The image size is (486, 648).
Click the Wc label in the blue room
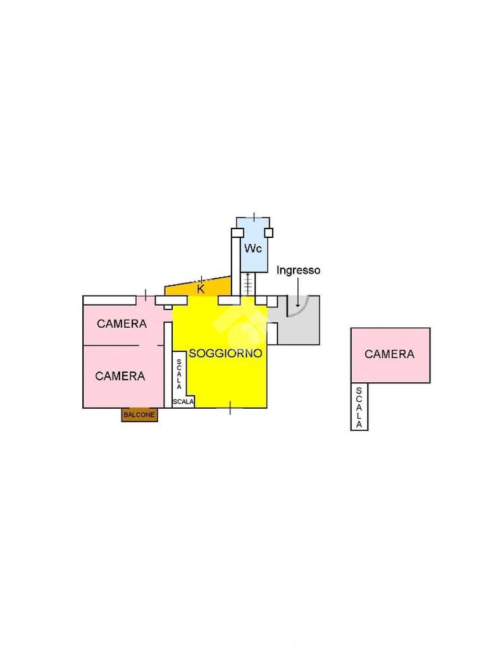(x=253, y=249)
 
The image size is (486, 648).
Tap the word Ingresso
(x=299, y=270)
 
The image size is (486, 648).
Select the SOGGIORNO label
(x=226, y=354)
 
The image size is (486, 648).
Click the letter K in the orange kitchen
(x=201, y=289)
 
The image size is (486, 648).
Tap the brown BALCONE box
(x=139, y=414)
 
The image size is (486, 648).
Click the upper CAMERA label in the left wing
(x=121, y=324)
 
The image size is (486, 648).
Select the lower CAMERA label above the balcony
(x=120, y=376)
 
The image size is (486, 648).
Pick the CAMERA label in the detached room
(x=390, y=354)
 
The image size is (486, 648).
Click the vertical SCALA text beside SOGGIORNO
(x=180, y=374)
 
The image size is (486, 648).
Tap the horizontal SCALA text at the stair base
(x=184, y=401)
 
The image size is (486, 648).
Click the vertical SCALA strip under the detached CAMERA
(x=359, y=408)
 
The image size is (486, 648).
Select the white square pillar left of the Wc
(x=237, y=232)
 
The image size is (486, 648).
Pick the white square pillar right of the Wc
(x=269, y=232)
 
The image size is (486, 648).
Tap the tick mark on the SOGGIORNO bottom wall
(x=230, y=408)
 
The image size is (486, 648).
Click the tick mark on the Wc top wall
(x=254, y=217)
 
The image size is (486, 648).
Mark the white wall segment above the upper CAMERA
(x=109, y=300)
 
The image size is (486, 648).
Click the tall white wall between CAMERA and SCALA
(x=168, y=364)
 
